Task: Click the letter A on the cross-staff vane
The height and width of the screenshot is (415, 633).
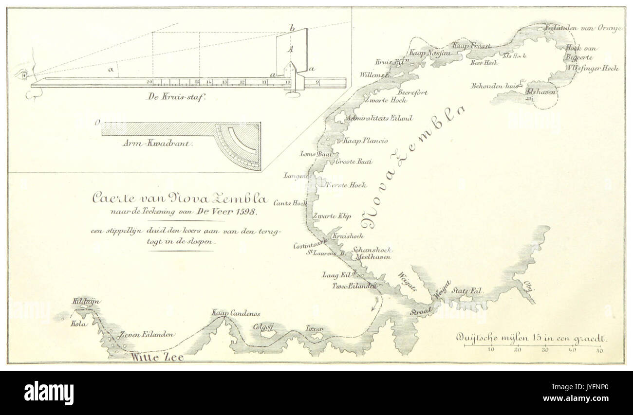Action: pos(290,49)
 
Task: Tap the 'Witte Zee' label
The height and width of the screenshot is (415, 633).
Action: pos(157,358)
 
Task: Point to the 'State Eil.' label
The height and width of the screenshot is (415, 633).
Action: pos(467,290)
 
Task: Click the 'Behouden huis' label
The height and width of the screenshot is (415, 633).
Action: pos(492,86)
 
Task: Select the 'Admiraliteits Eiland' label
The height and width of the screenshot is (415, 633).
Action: pos(372,118)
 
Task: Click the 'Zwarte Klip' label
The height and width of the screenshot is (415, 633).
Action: pos(332,215)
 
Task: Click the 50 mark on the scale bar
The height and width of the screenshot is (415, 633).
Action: pos(599,350)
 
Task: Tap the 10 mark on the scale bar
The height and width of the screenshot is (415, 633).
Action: pos(491,350)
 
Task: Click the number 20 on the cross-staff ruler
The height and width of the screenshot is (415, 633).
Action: pos(149,81)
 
